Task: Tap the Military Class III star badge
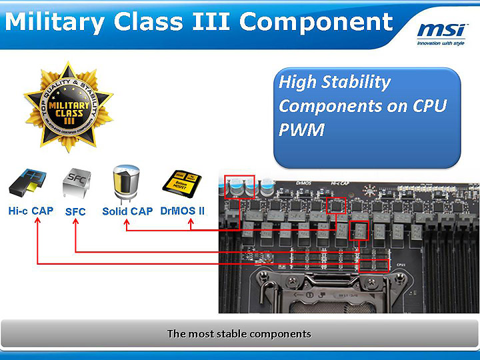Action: (x=67, y=107)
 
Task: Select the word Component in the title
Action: (x=316, y=21)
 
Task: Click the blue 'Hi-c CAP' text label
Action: (x=31, y=211)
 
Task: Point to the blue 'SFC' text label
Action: (x=75, y=212)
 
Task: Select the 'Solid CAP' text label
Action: (x=127, y=211)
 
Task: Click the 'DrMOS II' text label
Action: (x=183, y=211)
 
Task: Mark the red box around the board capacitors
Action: (x=240, y=186)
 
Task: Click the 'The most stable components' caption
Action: (x=239, y=333)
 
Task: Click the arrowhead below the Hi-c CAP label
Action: (x=37, y=222)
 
